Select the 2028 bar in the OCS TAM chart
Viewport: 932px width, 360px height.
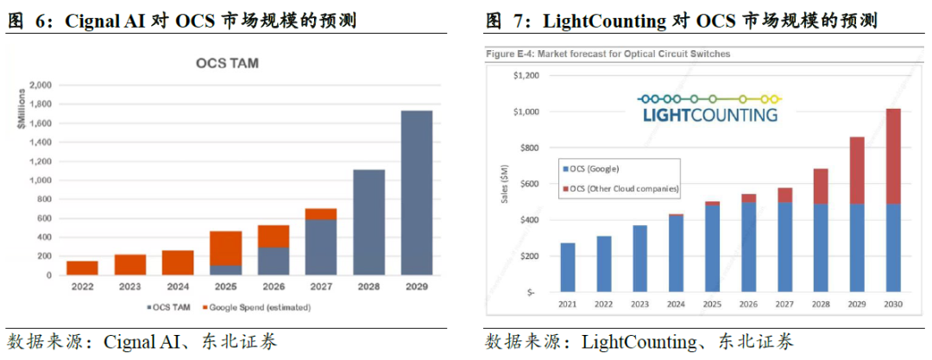click(x=368, y=222)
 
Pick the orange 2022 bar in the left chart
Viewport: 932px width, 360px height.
click(x=82, y=268)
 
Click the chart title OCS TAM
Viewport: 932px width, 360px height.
click(x=227, y=63)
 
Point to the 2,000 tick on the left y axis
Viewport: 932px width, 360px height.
click(x=40, y=85)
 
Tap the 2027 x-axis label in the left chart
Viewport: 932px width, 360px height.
click(x=320, y=287)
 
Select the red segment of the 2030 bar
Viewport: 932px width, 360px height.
click(x=893, y=156)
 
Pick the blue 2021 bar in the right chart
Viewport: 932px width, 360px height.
click(x=568, y=268)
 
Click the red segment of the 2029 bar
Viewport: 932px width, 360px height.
click(x=857, y=170)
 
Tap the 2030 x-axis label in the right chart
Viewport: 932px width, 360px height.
click(x=893, y=304)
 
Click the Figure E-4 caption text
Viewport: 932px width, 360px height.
click(x=608, y=54)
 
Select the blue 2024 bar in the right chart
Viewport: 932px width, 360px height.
click(x=677, y=254)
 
